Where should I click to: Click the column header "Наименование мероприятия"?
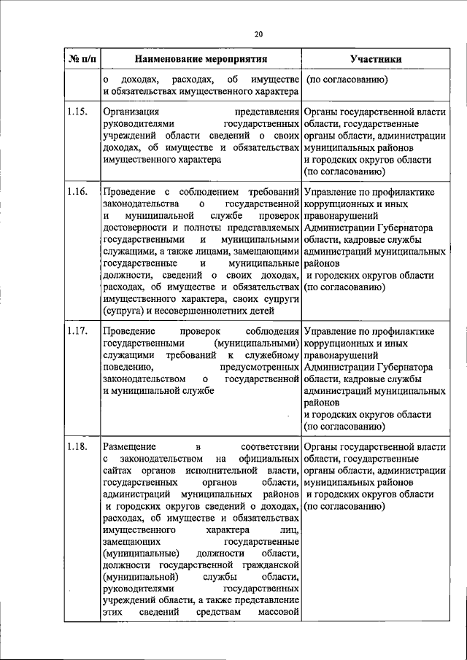click(x=201, y=59)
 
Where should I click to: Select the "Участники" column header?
click(x=374, y=59)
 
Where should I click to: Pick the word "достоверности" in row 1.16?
click(x=136, y=228)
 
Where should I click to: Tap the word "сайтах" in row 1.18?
click(x=118, y=470)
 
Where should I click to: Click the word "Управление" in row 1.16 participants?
click(x=332, y=193)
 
